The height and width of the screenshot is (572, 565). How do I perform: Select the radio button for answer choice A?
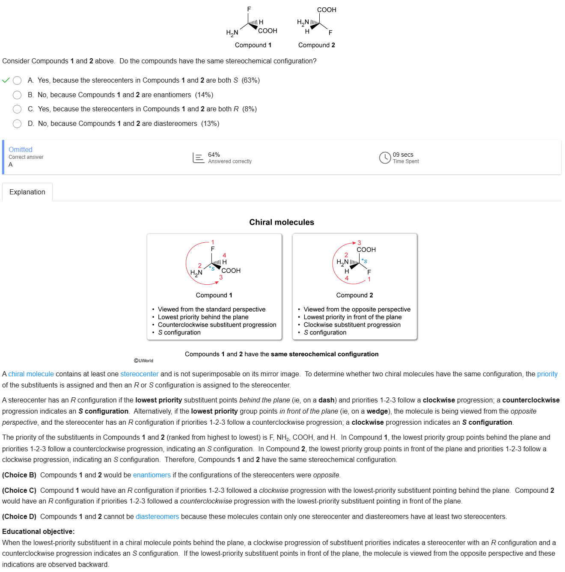[x=17, y=80]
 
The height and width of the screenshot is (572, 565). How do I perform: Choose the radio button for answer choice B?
[x=17, y=95]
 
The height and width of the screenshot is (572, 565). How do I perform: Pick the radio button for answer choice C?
[x=17, y=109]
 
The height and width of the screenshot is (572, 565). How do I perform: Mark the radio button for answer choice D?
[x=17, y=124]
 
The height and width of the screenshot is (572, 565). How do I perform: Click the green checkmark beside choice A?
[x=6, y=80]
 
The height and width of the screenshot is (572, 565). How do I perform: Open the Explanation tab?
[x=27, y=192]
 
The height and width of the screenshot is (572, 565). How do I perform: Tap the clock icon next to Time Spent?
[x=385, y=158]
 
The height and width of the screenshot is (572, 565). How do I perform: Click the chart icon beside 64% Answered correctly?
[x=198, y=158]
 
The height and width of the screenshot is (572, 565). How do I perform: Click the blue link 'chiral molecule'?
[x=31, y=374]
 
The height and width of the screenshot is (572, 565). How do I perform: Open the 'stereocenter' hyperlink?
[x=139, y=374]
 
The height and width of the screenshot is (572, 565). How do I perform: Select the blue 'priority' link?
[x=547, y=374]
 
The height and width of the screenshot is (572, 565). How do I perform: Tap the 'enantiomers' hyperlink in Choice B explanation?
[x=152, y=475]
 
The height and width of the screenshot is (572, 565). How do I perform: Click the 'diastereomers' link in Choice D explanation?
[x=157, y=517]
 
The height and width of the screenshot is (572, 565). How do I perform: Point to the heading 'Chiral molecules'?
[x=282, y=222]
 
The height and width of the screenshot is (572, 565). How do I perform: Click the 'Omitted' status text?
[x=21, y=149]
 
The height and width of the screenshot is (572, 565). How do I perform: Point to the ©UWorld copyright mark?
[x=143, y=360]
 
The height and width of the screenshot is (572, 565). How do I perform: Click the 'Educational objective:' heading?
[x=38, y=532]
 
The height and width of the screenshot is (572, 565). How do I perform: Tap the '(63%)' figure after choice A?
[x=250, y=80]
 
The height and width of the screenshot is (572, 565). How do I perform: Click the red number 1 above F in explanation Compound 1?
[x=213, y=242]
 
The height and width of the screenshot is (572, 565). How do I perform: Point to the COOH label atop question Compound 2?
[x=327, y=10]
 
